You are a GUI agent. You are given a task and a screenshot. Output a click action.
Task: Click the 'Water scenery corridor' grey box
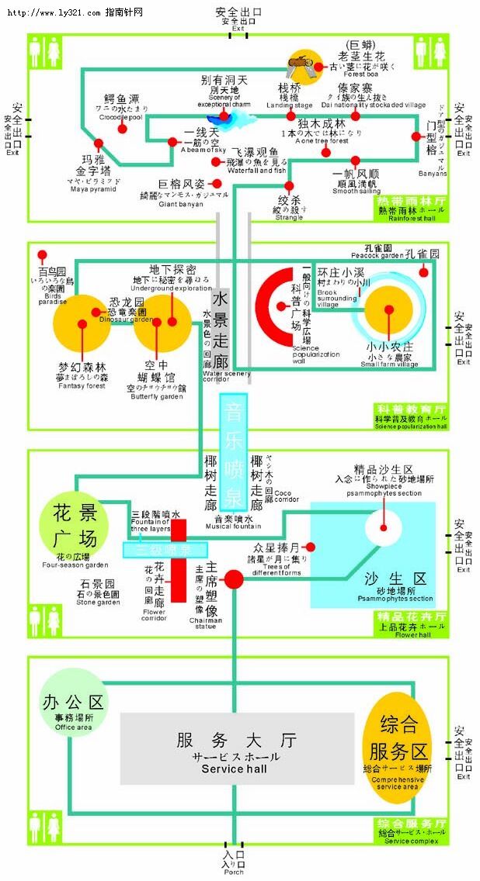[x=220, y=326]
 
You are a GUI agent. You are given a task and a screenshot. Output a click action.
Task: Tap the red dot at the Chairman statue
[x=234, y=579]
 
